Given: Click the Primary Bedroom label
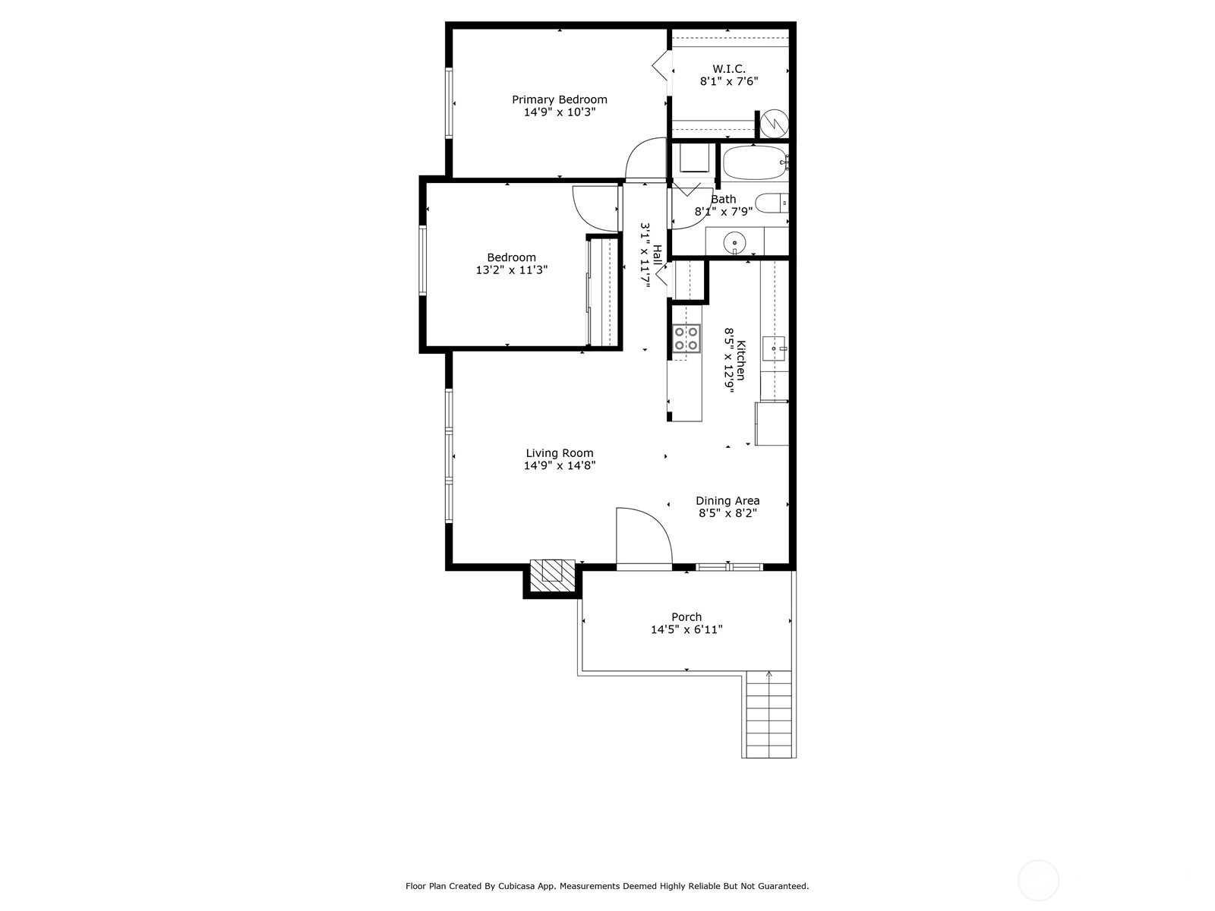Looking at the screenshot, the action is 559,99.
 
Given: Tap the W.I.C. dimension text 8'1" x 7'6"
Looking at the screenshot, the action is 728,81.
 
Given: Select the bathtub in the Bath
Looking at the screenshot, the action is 755,162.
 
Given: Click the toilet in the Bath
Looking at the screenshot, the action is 772,203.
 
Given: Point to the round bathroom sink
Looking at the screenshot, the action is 734,242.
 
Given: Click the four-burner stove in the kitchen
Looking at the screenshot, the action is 686,339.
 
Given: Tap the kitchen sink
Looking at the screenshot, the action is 774,348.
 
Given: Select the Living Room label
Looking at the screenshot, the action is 559,453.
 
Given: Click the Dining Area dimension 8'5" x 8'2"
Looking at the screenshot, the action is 727,512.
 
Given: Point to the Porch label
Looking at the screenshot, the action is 686,616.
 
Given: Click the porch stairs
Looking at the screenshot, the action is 768,714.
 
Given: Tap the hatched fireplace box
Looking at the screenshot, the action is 552,578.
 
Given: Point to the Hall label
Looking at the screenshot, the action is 657,256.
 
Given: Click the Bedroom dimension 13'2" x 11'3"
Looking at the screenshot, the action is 512,270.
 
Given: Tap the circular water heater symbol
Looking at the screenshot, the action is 774,124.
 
